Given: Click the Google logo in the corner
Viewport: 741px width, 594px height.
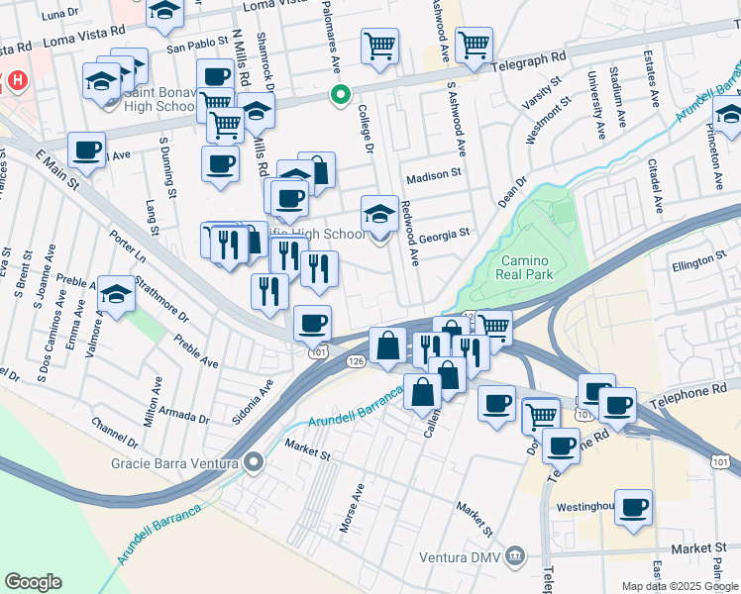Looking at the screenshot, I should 33,582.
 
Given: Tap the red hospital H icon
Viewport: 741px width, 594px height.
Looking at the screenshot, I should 17,80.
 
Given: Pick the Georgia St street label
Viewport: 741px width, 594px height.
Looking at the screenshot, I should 443,235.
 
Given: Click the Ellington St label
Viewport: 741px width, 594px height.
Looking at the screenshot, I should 698,262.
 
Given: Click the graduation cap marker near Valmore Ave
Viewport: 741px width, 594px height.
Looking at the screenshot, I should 116,294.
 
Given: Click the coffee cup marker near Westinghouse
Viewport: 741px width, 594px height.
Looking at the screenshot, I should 633,507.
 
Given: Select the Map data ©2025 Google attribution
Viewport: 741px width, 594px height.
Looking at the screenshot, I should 679,586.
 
